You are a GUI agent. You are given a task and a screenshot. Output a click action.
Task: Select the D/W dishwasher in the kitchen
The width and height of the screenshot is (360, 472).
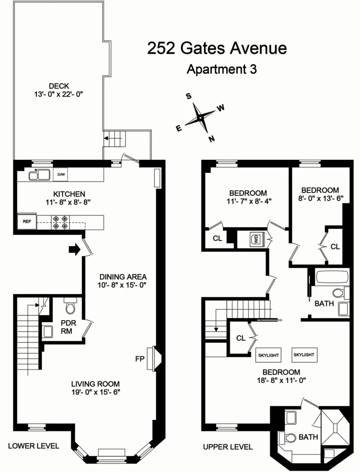click(60, 174)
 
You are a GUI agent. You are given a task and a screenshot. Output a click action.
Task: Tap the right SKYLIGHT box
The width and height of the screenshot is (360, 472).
click(304, 354)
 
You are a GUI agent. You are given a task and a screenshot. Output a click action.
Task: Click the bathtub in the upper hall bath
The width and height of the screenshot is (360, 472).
click(332, 277)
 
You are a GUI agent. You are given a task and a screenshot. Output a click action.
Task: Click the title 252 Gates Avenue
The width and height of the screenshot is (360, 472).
click(216, 48)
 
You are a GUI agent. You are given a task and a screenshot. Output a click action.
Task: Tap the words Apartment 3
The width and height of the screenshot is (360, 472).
click(221, 70)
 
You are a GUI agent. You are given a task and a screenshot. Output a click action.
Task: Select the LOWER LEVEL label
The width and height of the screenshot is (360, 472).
click(34, 446)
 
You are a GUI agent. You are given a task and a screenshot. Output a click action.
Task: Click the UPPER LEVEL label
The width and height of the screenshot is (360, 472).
click(228, 447)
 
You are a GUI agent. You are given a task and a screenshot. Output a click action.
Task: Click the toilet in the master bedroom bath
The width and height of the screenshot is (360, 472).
click(288, 437)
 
